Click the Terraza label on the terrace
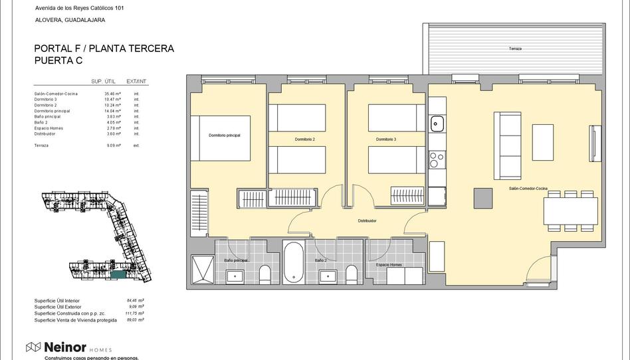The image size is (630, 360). coord(515,49)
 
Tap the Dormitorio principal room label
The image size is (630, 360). coord(224,135)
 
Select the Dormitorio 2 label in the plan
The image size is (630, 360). coord(304,139)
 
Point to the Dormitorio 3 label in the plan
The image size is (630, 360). coord(385,139)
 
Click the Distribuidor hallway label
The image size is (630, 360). coord(367,221)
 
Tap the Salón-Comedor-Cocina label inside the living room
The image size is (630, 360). coord(528,188)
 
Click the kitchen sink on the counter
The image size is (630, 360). coord(437,123)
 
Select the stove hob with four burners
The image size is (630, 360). coord(437,160)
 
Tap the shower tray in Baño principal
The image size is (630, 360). coord(202,270)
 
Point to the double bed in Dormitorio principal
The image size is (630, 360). coord(221,138)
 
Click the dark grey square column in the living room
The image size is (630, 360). coord(482,198)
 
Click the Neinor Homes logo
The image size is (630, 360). coord(68,347)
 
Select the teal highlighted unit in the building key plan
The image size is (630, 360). coord(118,274)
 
